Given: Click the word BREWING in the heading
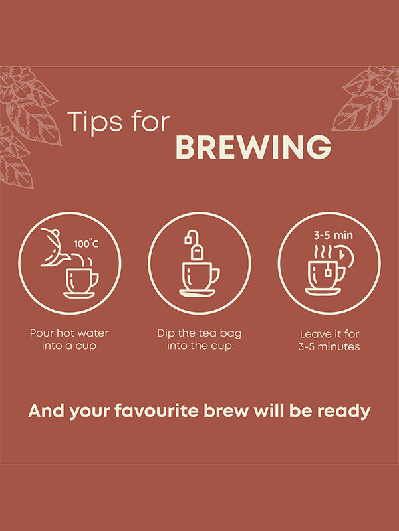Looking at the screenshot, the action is click(x=253, y=147).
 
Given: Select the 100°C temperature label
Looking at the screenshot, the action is click(x=86, y=244).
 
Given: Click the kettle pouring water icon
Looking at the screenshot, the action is click(x=55, y=247).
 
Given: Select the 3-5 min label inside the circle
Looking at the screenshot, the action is click(x=333, y=236).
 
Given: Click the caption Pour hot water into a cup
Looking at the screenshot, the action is click(x=69, y=340).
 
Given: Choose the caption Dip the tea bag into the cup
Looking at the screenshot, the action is click(x=199, y=340).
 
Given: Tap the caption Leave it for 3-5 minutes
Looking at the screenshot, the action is click(x=329, y=341).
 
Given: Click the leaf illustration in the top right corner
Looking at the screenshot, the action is click(x=366, y=98).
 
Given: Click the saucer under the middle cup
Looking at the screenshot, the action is click(x=197, y=293).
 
